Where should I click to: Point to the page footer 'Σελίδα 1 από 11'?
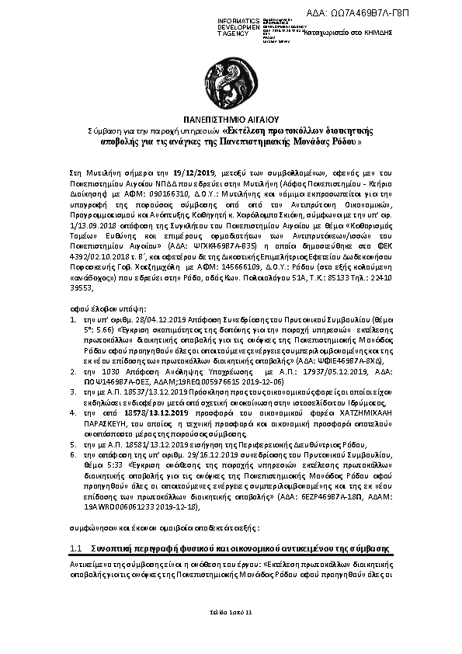[231, 613]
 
